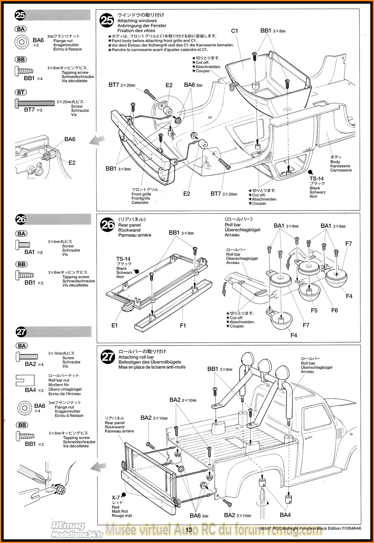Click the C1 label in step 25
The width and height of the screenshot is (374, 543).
coord(234,31)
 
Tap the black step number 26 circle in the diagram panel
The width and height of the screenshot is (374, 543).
coord(107,225)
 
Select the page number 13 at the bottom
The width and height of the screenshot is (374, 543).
coord(189,530)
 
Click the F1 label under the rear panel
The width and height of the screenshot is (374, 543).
coord(183,326)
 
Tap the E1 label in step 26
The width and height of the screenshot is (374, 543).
coord(114,325)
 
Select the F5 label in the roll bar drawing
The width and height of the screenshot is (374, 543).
coord(314,310)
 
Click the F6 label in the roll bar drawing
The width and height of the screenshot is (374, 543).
coord(335,310)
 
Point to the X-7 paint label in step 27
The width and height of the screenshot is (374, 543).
coord(116,497)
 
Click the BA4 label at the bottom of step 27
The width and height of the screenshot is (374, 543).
coord(285,515)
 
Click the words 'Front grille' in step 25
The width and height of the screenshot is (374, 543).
coord(141,194)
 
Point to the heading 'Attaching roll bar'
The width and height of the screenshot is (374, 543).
coord(136,357)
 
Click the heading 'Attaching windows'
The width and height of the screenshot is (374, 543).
coord(137,21)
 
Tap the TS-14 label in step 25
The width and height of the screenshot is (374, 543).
coord(316,179)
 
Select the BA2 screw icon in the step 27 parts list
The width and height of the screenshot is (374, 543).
coord(27,356)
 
